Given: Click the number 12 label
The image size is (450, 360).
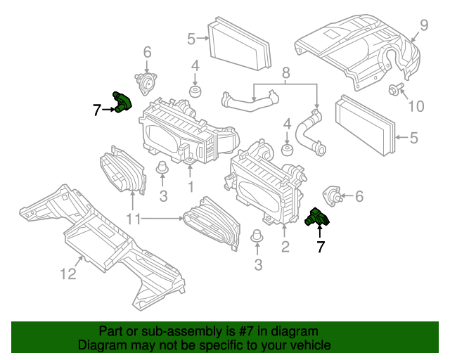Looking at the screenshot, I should coord(67,274).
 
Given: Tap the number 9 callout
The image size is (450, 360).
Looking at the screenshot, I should coord(423,26).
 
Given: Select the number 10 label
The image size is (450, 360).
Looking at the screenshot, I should coord(416,106).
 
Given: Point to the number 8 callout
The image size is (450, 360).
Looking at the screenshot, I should coord(285,72).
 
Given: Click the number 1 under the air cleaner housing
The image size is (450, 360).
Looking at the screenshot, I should coord(190,188).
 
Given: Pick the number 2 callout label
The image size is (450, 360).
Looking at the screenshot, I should coord(285,246).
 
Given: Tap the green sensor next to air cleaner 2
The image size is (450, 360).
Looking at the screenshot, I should coord(319,219).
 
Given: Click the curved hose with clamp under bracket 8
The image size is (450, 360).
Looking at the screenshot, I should coord(309,134).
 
